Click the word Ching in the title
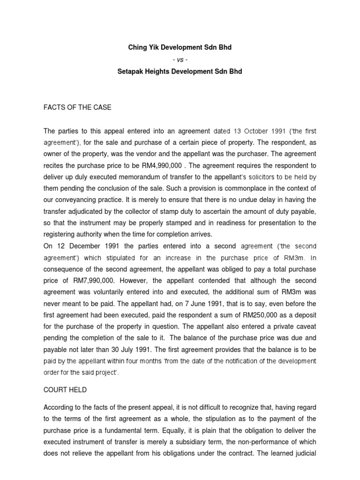coord(137,47)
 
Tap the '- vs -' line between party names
coord(180,59)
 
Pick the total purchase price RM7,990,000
coord(93,280)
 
